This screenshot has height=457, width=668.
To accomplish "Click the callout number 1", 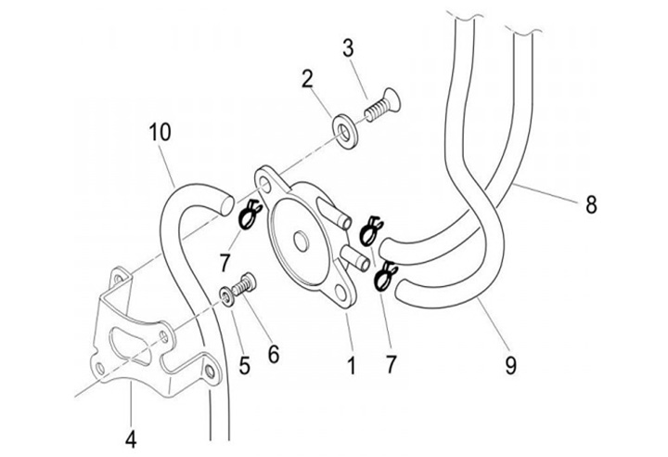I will click(351, 365).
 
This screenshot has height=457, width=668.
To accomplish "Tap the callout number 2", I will click(307, 80).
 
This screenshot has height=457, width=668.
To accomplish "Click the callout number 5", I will click(244, 365).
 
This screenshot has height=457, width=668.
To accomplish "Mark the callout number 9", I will click(510, 365).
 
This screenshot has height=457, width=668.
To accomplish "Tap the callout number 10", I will click(160, 133).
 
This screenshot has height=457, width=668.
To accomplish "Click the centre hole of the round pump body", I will click(302, 242).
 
